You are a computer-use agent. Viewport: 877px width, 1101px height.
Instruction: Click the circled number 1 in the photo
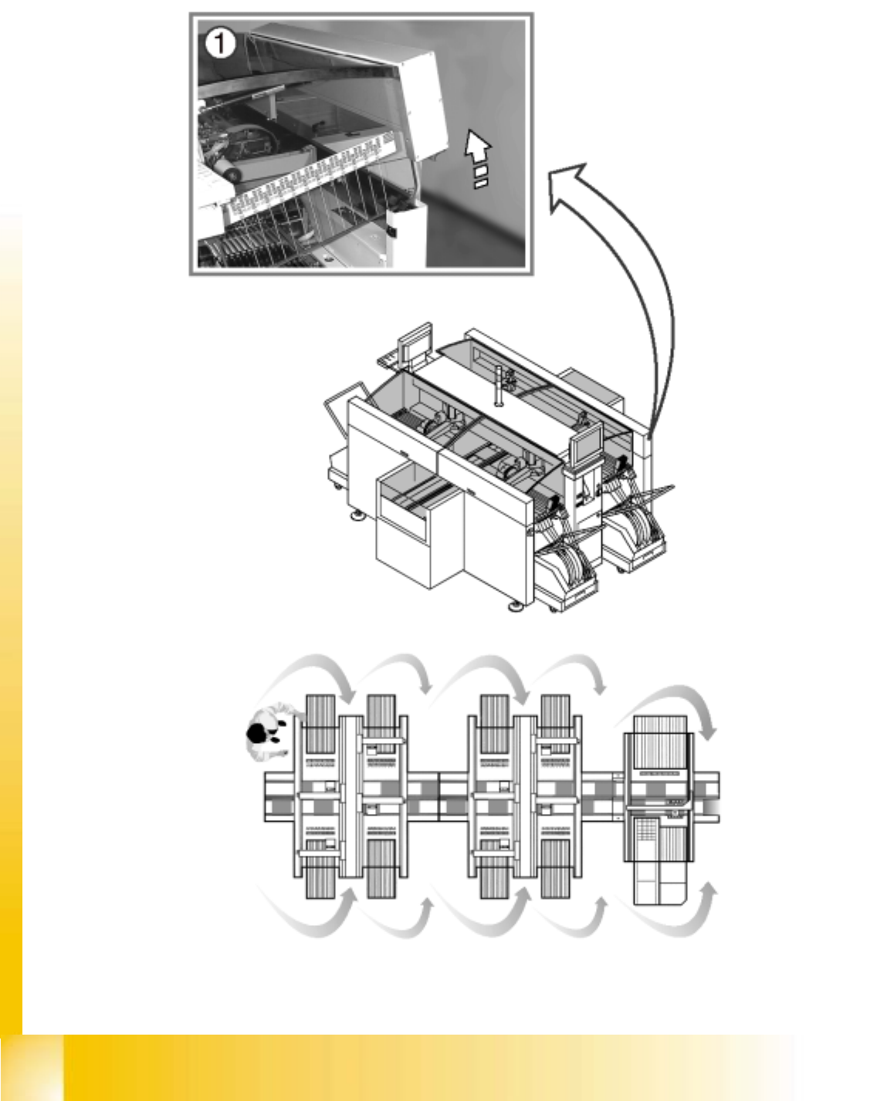[x=220, y=43]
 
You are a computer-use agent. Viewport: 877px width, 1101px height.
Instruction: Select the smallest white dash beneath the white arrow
[x=481, y=184]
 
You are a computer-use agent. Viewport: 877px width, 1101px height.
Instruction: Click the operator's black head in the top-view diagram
[x=256, y=733]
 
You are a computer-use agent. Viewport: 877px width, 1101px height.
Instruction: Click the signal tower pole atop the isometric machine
[x=498, y=386]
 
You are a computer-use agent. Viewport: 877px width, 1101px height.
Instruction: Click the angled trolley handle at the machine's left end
[x=347, y=404]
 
